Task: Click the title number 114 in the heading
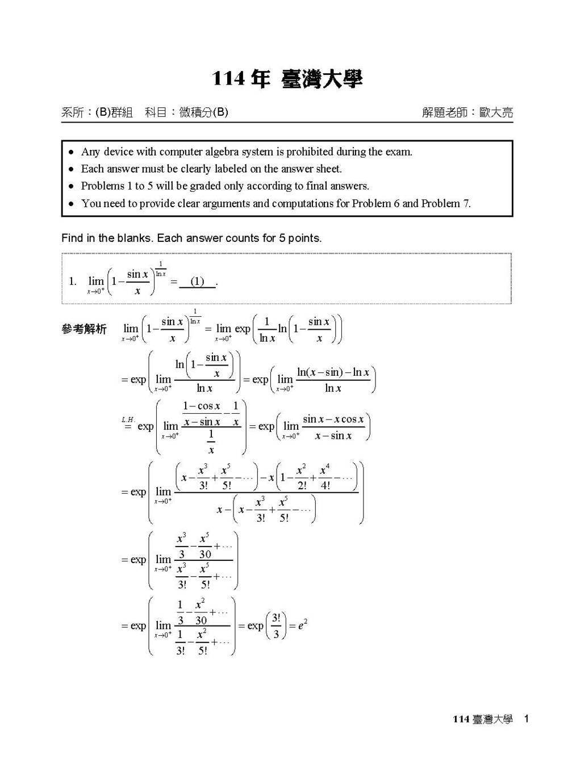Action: coord(229,79)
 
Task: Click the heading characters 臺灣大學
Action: coord(321,79)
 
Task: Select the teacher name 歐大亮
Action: coord(496,112)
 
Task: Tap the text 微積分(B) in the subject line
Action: coord(203,112)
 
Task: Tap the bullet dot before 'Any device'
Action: coord(71,152)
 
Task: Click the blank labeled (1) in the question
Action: coord(197,282)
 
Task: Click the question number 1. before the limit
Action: coord(73,281)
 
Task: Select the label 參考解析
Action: coord(84,329)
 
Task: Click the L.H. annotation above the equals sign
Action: coord(128,419)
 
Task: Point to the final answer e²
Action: coord(302,626)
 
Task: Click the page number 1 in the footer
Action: coord(527,719)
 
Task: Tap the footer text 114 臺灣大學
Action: coord(482,719)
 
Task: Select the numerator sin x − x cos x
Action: coord(333,419)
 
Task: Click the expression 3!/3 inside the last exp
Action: coord(276,626)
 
